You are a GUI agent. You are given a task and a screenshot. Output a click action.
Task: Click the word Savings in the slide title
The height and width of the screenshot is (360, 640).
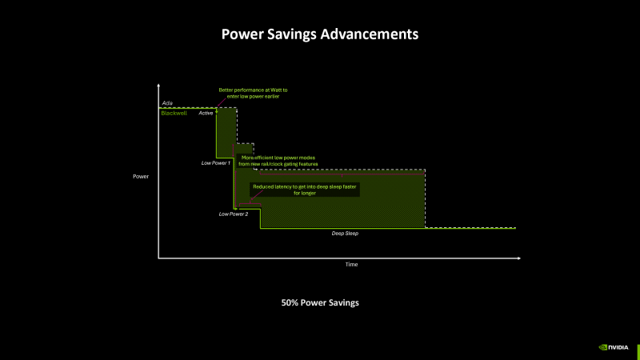tap(295, 34)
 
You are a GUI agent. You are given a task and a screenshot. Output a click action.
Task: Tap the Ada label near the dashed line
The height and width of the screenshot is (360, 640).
tap(167, 103)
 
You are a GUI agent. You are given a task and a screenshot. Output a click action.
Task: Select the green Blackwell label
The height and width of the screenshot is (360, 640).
tap(173, 113)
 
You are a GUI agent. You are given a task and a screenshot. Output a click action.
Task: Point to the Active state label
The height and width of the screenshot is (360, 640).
tap(206, 114)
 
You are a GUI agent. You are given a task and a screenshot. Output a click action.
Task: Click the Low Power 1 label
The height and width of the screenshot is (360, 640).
tap(215, 163)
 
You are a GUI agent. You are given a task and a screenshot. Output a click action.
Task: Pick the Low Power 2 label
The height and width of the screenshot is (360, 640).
tap(234, 214)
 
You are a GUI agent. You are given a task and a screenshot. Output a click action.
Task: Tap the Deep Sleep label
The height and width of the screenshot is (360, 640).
tap(346, 233)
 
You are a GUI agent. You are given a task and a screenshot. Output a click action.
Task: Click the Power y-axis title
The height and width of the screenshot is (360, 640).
tap(141, 175)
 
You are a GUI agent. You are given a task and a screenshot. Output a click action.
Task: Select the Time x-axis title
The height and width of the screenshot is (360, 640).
tap(351, 264)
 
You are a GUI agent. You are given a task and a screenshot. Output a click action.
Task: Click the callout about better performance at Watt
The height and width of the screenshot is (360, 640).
tap(253, 93)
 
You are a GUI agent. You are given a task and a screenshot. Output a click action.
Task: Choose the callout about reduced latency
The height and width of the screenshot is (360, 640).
tap(304, 189)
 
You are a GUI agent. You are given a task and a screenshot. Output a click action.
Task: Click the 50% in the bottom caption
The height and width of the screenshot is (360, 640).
tap(290, 303)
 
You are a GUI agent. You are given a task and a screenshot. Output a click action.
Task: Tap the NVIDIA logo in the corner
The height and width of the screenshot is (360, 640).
tap(614, 347)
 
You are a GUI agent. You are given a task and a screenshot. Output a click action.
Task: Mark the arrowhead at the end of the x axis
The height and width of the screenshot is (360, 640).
tap(518, 258)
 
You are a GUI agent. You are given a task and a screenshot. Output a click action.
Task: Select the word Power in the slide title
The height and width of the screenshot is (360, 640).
tap(242, 34)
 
